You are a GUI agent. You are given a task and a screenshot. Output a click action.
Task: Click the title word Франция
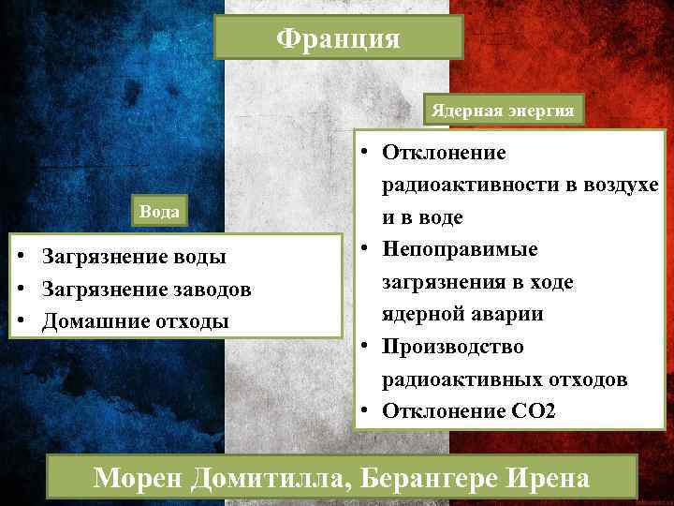pos(338,38)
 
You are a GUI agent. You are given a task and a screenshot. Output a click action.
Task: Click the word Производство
pos(451,347)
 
